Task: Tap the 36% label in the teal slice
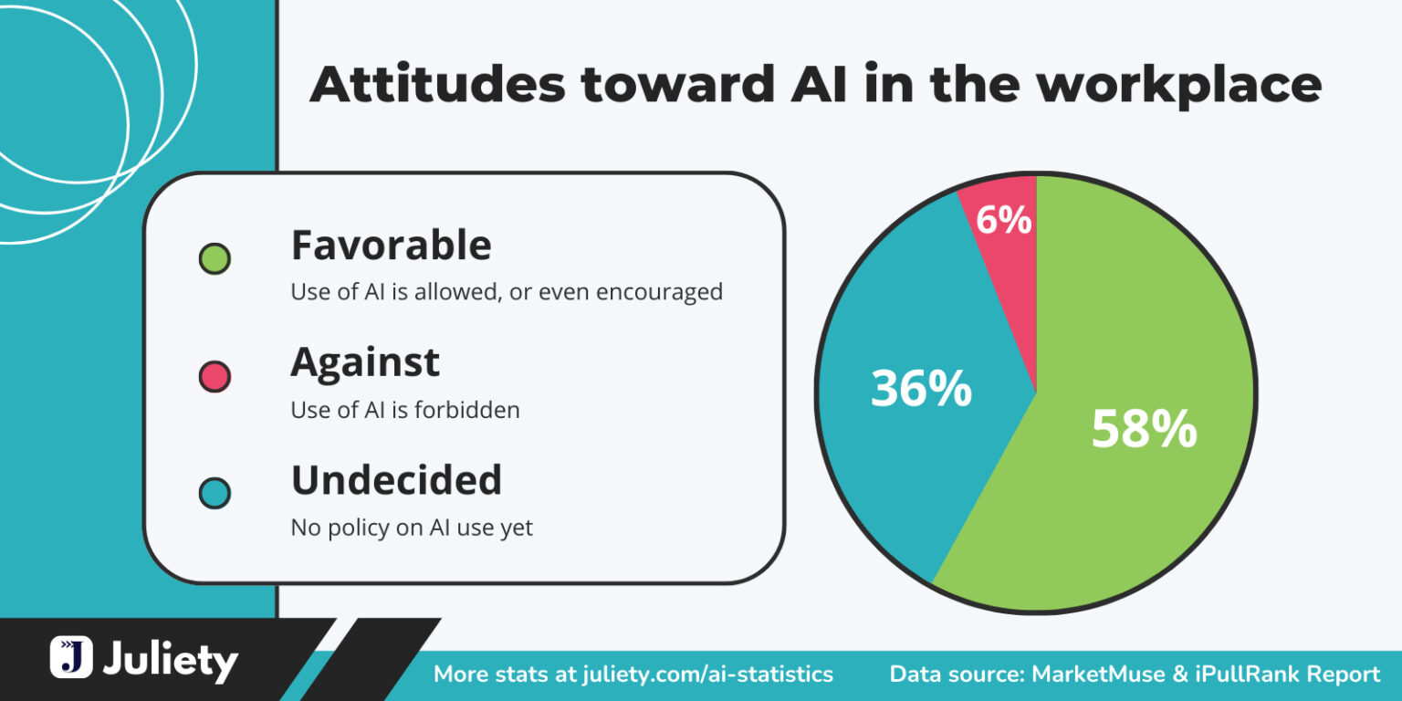click(921, 388)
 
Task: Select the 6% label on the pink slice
click(1003, 220)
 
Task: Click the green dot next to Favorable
click(214, 259)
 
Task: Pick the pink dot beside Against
click(214, 376)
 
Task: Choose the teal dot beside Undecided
click(214, 494)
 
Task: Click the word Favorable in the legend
click(391, 246)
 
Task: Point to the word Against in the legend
click(365, 362)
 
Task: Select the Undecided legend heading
click(396, 480)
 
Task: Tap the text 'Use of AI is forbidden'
click(405, 410)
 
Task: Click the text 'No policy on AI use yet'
click(412, 528)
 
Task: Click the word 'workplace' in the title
click(1178, 85)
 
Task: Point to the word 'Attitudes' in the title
click(438, 85)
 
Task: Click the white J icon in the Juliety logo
click(71, 657)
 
